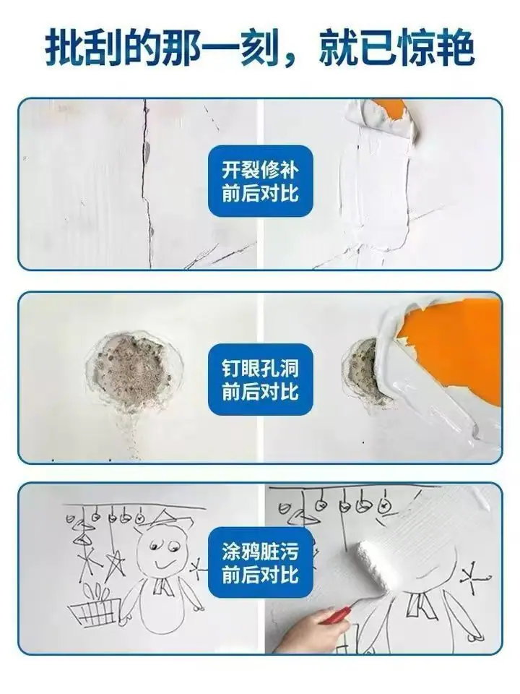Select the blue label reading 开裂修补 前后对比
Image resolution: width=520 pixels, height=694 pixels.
(x=261, y=181)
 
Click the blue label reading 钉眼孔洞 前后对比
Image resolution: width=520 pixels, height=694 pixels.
(x=261, y=380)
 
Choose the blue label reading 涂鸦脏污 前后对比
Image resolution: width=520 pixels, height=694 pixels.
(x=261, y=563)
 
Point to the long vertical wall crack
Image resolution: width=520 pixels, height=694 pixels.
(x=147, y=184)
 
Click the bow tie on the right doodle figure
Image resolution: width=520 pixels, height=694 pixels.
(x=418, y=604)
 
